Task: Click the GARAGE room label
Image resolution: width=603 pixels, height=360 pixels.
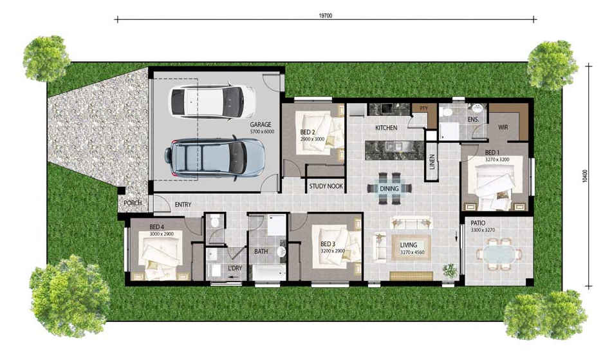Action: [x=261, y=124]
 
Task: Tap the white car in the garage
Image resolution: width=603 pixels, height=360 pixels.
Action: [x=212, y=102]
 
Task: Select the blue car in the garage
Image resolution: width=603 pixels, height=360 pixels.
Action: [x=214, y=158]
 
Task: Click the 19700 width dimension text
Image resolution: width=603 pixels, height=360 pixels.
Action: [x=326, y=16]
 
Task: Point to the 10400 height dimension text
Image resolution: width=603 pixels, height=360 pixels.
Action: [x=585, y=176]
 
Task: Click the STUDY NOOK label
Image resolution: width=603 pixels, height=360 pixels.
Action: [x=326, y=186]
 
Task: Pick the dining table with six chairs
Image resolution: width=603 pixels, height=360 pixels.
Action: [x=389, y=188]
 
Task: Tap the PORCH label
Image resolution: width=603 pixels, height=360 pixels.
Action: [x=133, y=202]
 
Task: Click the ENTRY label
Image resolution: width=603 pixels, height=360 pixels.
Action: [x=183, y=205]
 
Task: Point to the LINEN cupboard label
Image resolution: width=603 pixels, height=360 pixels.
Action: [x=432, y=162]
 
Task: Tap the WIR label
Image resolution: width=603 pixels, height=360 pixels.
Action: [x=503, y=127]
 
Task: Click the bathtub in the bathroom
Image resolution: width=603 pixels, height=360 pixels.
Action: [x=269, y=272]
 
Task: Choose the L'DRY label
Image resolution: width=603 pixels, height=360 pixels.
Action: [x=235, y=268]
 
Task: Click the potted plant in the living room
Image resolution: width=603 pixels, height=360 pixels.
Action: [x=449, y=270]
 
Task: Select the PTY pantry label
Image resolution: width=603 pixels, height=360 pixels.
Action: [x=423, y=109]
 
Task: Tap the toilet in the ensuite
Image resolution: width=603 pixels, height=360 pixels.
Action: [x=447, y=113]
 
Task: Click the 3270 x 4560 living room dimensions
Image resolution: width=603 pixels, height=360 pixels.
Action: [x=412, y=252]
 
